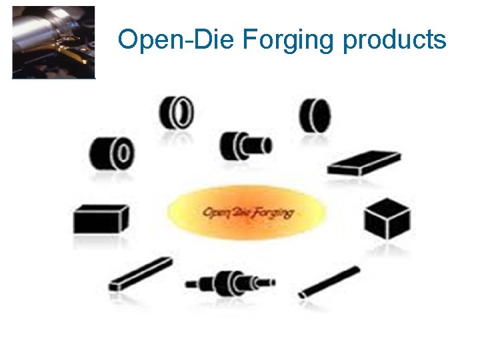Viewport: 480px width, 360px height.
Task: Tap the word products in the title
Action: [x=394, y=41]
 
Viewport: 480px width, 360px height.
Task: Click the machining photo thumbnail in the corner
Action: [x=54, y=43]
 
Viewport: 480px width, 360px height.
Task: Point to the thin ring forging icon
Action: [x=176, y=113]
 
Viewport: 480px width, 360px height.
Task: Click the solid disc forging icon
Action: [x=315, y=115]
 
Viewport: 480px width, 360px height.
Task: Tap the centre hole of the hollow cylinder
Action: [x=123, y=154]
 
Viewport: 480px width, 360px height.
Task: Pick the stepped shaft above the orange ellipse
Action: [x=245, y=144]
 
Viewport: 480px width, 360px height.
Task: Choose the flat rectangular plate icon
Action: [x=363, y=163]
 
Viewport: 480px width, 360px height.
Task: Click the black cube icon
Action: [x=387, y=219]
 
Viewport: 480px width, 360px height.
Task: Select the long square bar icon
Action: [x=140, y=274]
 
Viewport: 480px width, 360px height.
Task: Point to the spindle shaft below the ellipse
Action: [x=230, y=283]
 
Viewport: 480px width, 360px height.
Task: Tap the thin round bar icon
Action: [x=331, y=281]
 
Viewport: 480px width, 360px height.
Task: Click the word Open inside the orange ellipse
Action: [x=216, y=213]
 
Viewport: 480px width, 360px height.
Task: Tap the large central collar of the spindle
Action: [x=233, y=283]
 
